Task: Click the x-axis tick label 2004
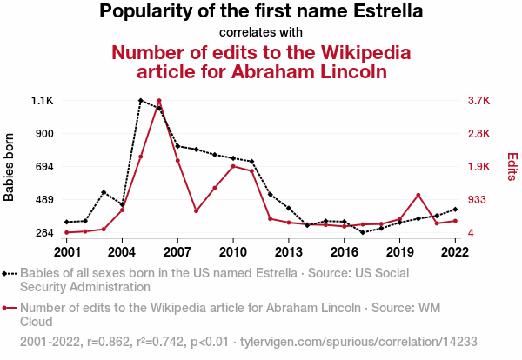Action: coord(122,252)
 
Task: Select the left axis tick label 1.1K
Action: coord(43,101)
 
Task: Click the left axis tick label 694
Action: coord(43,167)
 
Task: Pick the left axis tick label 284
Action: coord(43,233)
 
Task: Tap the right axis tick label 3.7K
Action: coord(479,101)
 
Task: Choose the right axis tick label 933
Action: coord(478,200)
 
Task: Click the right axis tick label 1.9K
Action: coord(479,167)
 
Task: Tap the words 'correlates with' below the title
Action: coord(261,33)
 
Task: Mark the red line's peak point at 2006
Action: coord(159,101)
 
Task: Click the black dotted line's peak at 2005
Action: coord(140,101)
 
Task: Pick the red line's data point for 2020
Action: coord(418,195)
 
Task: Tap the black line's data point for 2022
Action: coord(454,210)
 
